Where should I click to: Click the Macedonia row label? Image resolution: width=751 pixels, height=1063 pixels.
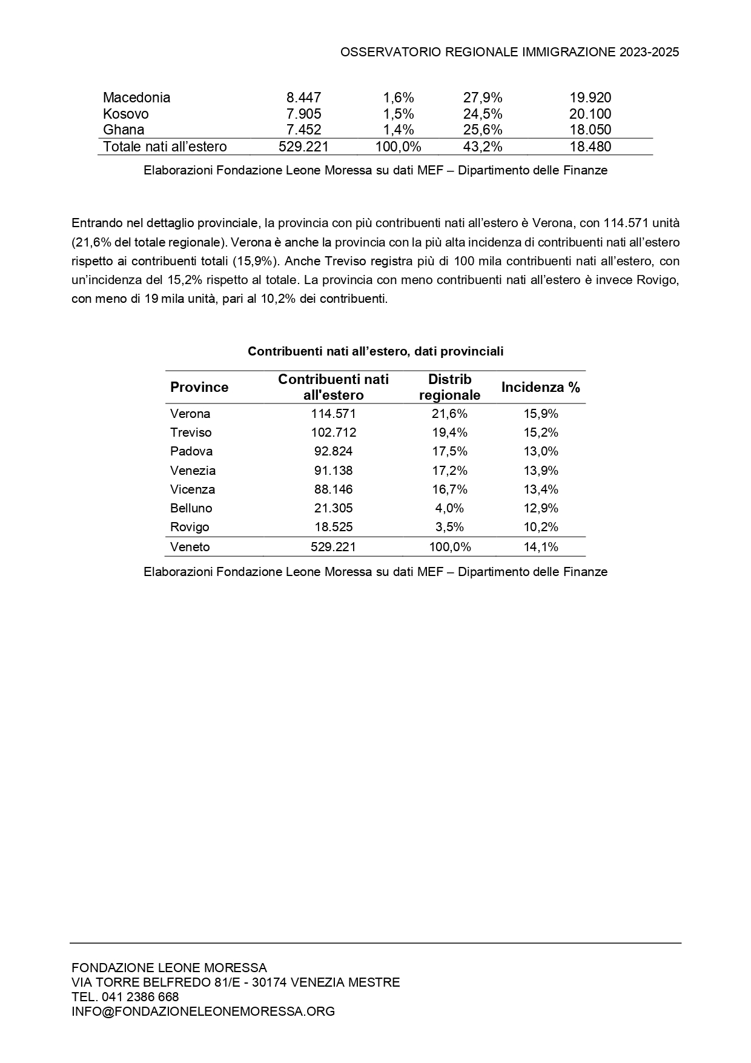tap(136, 98)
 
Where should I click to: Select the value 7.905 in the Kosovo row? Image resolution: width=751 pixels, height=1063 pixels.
tap(303, 114)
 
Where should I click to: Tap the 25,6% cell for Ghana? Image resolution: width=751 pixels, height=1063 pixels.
tap(483, 130)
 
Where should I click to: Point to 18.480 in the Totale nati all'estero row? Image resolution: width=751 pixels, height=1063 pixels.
tap(590, 147)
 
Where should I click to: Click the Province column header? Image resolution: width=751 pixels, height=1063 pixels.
tap(199, 388)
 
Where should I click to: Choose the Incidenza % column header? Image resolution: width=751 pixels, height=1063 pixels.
tap(540, 388)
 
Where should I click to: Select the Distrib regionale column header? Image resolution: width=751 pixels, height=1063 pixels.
tap(449, 388)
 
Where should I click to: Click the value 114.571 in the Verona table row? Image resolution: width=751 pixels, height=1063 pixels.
tap(333, 414)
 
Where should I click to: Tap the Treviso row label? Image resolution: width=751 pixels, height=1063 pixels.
tap(191, 432)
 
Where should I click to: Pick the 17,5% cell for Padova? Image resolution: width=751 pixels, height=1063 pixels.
tap(449, 451)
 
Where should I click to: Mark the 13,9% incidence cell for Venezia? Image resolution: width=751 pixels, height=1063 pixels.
tap(540, 471)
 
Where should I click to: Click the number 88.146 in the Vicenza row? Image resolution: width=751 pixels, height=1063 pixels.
tap(333, 489)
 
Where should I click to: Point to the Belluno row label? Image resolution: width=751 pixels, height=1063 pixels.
tap(191, 508)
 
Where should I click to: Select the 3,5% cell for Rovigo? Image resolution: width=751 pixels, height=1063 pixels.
tap(449, 527)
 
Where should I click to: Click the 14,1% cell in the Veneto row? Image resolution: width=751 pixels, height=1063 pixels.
tap(540, 547)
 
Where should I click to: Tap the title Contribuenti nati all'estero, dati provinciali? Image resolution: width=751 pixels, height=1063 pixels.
tap(375, 351)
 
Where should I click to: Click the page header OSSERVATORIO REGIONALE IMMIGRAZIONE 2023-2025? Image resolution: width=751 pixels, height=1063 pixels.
tap(509, 52)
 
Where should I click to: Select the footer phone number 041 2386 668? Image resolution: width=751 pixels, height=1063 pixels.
tap(140, 996)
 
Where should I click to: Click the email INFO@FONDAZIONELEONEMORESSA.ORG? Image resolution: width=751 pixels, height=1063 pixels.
tap(203, 1011)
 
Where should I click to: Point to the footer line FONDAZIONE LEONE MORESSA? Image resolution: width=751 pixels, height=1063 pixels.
tap(169, 967)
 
